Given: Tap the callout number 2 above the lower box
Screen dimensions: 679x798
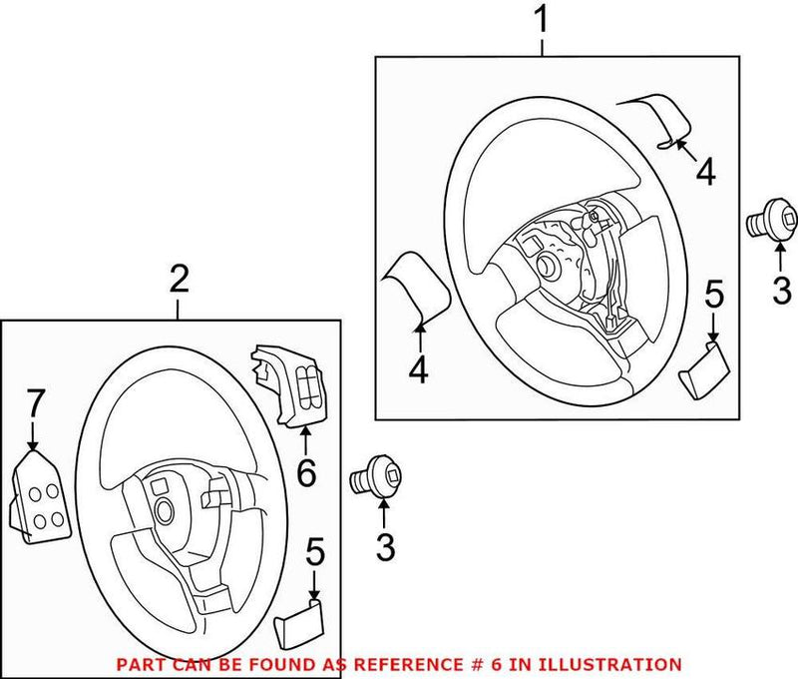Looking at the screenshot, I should (179, 280).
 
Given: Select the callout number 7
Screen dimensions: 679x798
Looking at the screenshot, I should (34, 404).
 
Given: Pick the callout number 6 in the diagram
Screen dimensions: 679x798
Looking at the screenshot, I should (305, 471).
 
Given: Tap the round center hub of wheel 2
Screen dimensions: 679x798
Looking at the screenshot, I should (163, 512).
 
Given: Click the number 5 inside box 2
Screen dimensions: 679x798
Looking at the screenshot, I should (316, 551).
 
